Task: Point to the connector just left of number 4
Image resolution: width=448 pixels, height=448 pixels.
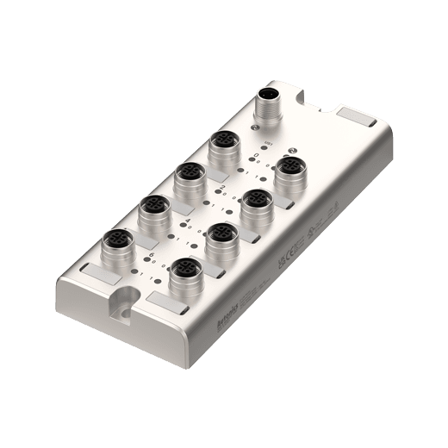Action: pos(154,208)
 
